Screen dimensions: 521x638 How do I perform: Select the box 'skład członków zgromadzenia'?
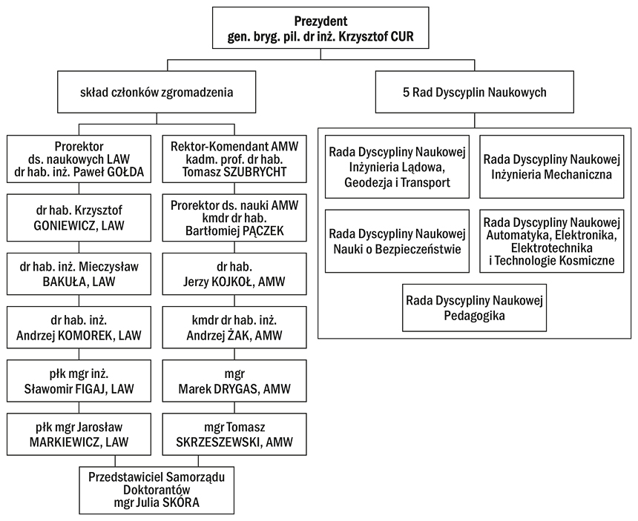pyautogui.click(x=157, y=93)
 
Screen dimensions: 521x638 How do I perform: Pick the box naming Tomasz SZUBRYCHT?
pyautogui.click(x=234, y=160)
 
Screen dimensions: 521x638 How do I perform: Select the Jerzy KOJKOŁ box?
pyautogui.click(x=234, y=272)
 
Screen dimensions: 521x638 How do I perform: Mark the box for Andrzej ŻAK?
pyautogui.click(x=234, y=328)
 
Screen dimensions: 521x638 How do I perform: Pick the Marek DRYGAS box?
pyautogui.click(x=234, y=381)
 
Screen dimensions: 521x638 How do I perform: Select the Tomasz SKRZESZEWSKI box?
pyautogui.click(x=234, y=434)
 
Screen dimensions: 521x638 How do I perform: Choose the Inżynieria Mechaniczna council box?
pyautogui.click(x=551, y=167)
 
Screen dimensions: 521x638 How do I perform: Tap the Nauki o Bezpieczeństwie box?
pyautogui.click(x=397, y=241)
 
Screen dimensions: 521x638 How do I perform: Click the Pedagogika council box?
pyautogui.click(x=475, y=308)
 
